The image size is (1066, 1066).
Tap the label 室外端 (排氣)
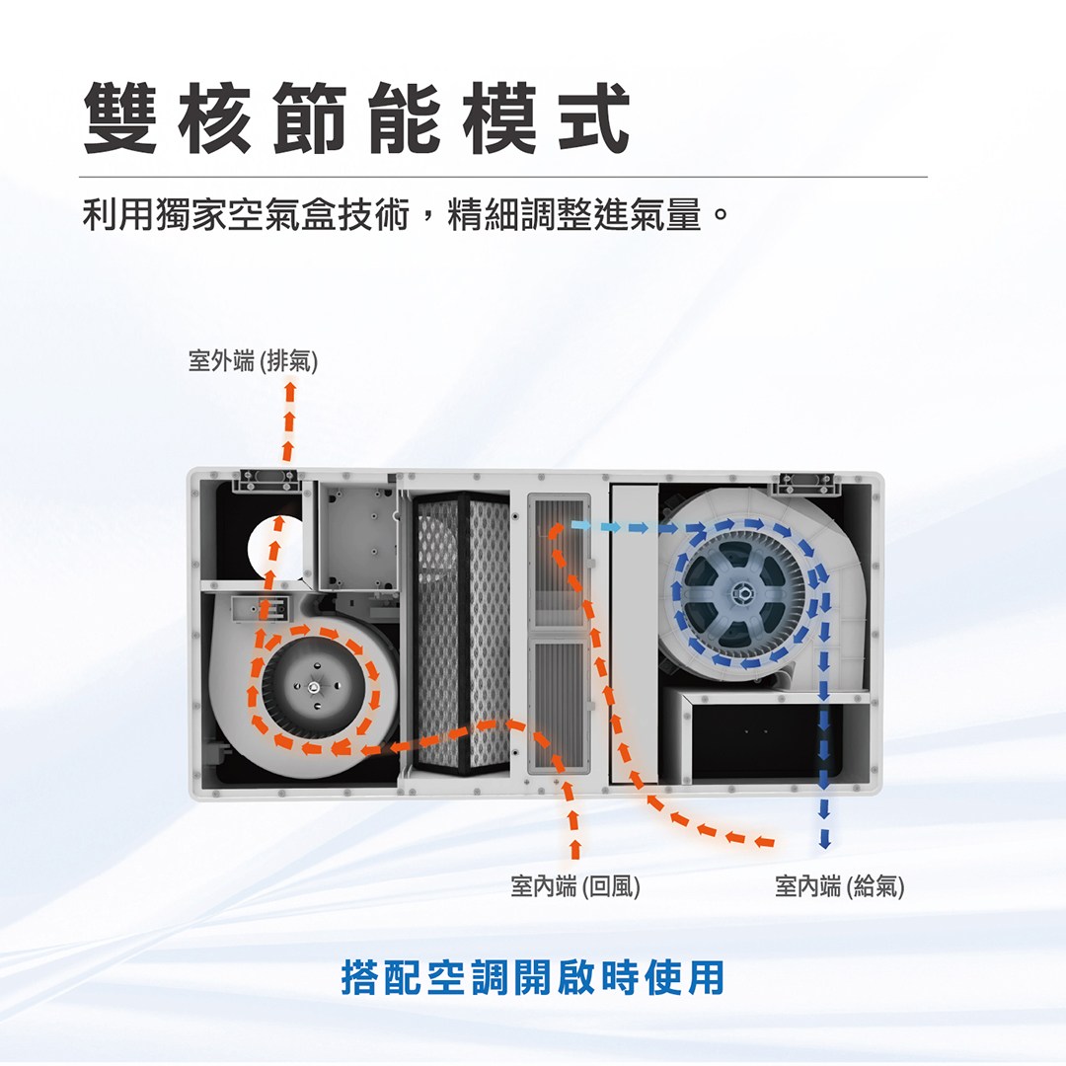coord(253,361)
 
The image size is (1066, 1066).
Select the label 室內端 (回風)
coord(575,885)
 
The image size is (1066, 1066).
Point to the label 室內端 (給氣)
coord(840,885)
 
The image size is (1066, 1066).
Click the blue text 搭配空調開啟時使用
coord(532,976)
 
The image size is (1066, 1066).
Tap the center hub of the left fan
coord(313,688)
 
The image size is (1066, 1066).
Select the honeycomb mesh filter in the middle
coord(462,633)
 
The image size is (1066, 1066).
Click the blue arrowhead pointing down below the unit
coord(824,843)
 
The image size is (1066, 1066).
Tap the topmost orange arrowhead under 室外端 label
coord(289,388)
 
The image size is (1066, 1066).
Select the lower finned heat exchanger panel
coord(559,705)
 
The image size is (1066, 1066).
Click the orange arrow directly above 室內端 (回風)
coord(574,833)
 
